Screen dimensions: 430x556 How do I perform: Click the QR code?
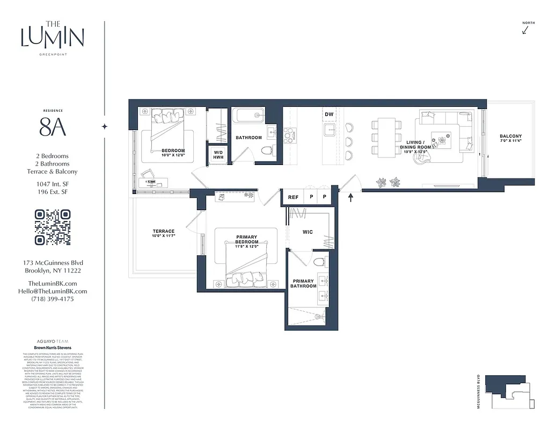53,227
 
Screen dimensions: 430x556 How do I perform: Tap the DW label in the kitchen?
329,114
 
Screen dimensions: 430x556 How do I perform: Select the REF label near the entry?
293,197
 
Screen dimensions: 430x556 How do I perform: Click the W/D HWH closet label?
218,154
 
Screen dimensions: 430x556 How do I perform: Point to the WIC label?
308,232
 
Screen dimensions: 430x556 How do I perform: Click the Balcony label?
510,138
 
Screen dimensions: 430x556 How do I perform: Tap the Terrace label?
164,233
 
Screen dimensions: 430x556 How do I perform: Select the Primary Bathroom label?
303,283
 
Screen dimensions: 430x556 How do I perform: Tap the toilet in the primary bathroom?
319,262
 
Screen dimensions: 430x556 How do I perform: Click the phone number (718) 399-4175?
53,299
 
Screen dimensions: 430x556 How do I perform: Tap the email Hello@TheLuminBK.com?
53,291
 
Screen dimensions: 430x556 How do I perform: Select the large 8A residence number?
53,127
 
